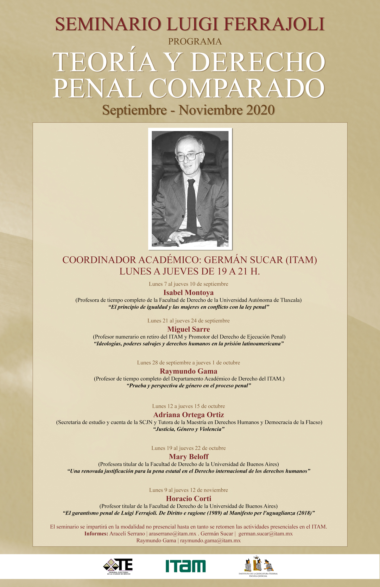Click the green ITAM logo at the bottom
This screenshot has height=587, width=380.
[186, 566]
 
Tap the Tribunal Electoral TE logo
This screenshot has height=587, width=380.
[119, 566]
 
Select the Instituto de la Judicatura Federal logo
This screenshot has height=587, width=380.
[258, 566]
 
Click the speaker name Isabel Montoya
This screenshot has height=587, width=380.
[188, 292]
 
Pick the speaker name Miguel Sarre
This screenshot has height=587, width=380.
[188, 329]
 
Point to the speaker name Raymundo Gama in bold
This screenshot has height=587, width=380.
[188, 371]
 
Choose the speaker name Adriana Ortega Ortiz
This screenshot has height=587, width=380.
[188, 415]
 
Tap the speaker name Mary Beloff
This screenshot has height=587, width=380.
[188, 457]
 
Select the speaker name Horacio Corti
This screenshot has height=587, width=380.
[188, 498]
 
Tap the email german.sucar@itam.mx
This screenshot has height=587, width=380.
[265, 534]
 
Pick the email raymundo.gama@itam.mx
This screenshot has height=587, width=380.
[210, 540]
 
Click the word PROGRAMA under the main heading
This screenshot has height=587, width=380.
[195, 41]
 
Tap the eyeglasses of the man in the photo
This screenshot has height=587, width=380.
[188, 156]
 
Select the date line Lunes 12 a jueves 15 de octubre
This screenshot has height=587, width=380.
[188, 406]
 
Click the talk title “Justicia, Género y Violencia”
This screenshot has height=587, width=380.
[188, 429]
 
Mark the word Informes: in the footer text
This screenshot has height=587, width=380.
[96, 534]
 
